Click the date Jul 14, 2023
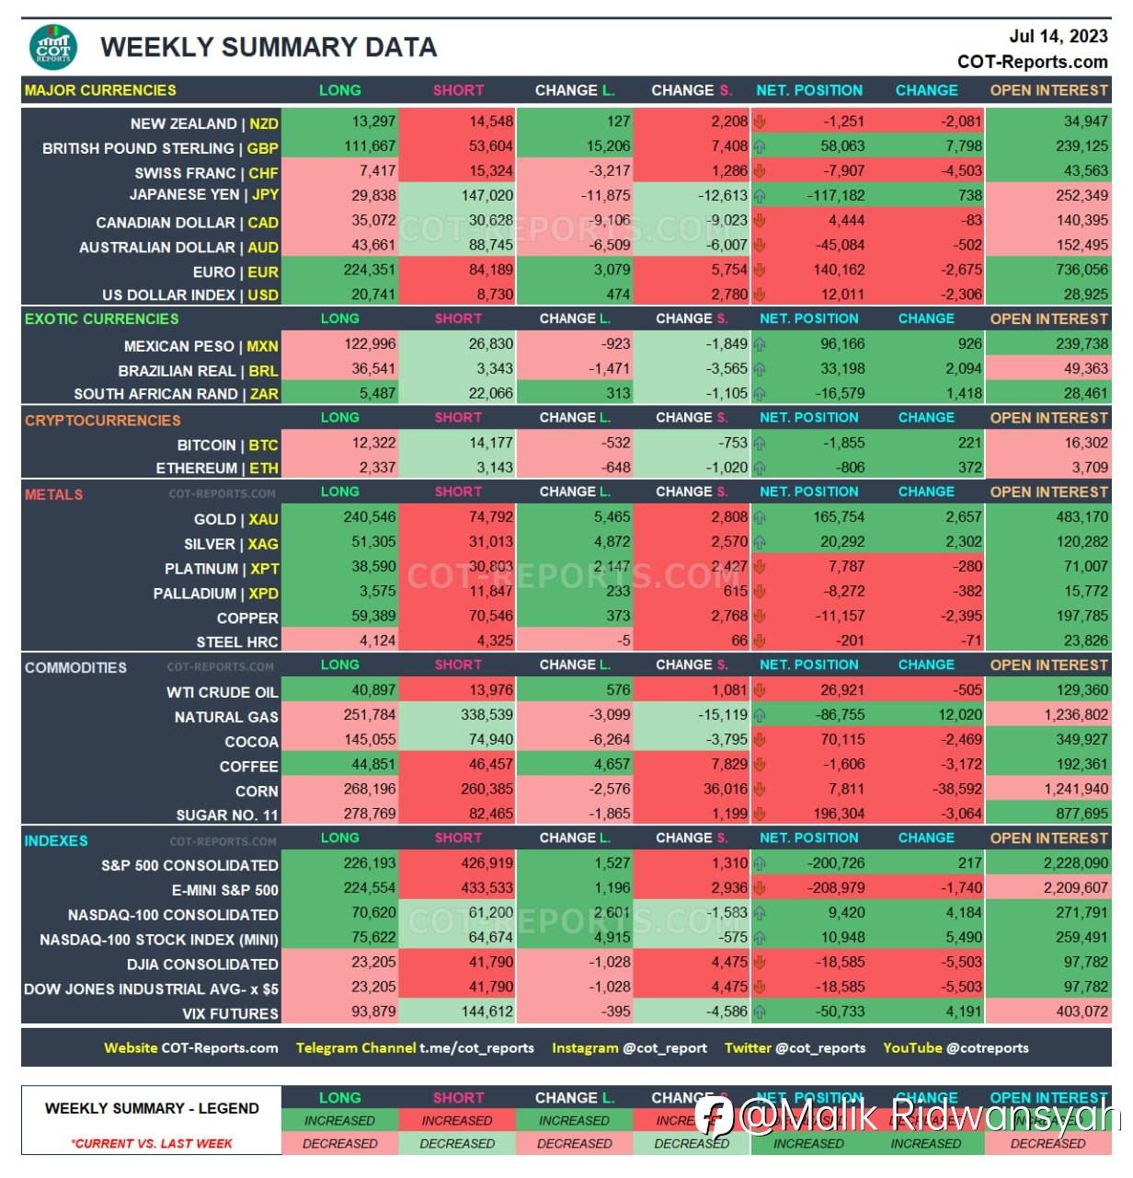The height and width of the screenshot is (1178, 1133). tap(1058, 37)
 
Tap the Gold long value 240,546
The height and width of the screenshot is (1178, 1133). tap(370, 517)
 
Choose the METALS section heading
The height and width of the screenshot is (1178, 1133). tap(53, 494)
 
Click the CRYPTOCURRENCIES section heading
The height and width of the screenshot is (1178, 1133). tap(102, 421)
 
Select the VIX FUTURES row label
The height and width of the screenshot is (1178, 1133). tap(230, 1014)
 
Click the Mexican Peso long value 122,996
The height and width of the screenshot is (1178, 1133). tap(370, 344)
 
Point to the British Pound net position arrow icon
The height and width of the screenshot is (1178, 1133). tap(760, 146)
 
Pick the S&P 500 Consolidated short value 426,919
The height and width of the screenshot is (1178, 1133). tap(486, 863)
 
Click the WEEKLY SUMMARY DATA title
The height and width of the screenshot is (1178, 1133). tap(268, 48)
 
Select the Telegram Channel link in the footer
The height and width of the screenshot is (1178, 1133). tap(415, 1048)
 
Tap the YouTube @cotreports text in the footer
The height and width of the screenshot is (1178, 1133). tap(956, 1048)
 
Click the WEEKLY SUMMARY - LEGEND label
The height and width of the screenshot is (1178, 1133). tap(152, 1109)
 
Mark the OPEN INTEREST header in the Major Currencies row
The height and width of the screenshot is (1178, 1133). tap(1048, 90)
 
